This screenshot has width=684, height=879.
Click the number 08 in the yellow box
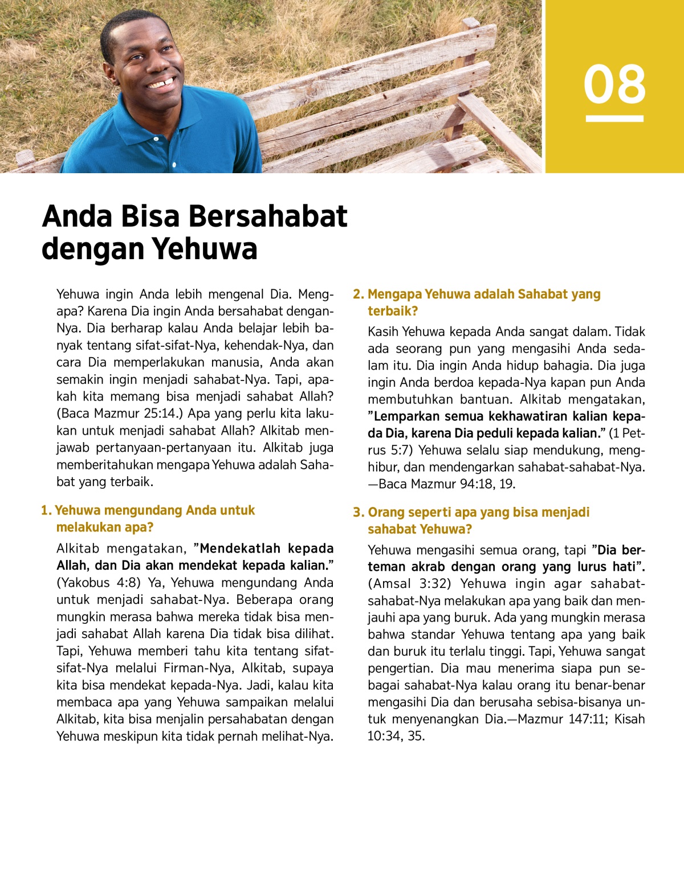point(614,84)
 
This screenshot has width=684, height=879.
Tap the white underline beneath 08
point(614,119)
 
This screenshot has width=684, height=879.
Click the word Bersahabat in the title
point(267,216)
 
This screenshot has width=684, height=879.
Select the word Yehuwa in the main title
point(205,249)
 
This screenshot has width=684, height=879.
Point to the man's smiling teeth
point(161,84)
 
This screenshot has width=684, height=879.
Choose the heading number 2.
point(358,295)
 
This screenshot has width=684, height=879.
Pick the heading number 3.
point(358,513)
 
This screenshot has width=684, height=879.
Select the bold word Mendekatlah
point(240,549)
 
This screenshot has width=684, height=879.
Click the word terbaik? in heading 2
point(393,311)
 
